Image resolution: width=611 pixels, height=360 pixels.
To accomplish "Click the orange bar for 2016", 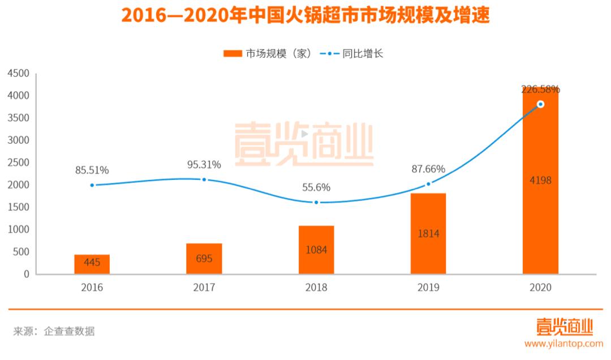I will point(92,264).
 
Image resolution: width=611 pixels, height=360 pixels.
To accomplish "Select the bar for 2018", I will point(316,250).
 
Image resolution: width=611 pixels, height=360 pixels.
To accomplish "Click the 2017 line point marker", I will point(204,179).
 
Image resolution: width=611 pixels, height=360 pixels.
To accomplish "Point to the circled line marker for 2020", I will point(540,104).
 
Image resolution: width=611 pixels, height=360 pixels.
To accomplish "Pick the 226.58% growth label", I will point(540,89).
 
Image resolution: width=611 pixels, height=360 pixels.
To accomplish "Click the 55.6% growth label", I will point(316,187).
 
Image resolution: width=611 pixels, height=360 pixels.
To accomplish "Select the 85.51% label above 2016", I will point(92,170).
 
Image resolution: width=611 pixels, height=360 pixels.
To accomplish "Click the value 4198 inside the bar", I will point(540,181).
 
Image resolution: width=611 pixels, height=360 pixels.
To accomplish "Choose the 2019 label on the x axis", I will point(428,288).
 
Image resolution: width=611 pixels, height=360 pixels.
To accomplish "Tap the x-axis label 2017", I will point(204,288).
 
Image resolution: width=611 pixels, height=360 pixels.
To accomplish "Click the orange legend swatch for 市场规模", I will point(233,54).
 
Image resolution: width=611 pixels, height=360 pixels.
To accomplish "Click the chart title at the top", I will point(305,15).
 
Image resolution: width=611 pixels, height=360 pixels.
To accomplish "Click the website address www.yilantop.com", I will point(563,344).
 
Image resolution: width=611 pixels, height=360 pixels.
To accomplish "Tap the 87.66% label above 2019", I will point(428,169).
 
